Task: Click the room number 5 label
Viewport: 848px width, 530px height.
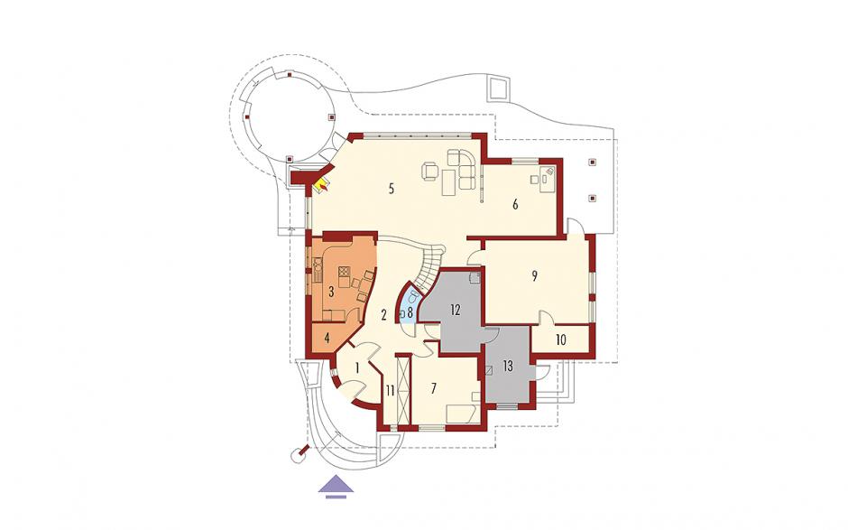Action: coord(391,189)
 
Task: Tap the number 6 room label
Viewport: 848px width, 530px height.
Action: coord(515,204)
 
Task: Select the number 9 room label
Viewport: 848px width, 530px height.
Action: coord(534,275)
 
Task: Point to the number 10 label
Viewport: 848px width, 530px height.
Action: coord(561,340)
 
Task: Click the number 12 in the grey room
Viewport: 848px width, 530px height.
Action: coord(455,311)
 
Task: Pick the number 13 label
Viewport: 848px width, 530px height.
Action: coord(507,367)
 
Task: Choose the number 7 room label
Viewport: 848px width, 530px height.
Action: coord(433,387)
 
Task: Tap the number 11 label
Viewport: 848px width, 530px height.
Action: coord(390,389)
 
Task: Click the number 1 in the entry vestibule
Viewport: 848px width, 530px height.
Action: coord(357,367)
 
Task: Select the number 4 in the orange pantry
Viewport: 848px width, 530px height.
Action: coord(327,339)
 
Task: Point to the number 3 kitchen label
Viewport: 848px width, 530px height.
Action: coord(331,292)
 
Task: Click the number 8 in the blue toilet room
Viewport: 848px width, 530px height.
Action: coord(410,311)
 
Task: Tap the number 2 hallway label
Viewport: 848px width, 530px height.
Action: coord(383,314)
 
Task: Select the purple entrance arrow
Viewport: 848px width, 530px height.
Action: coord(336,486)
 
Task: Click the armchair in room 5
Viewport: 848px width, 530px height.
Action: coord(430,171)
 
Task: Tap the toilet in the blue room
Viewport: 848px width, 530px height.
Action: coord(413,297)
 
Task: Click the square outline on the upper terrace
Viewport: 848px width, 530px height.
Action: coord(498,88)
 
